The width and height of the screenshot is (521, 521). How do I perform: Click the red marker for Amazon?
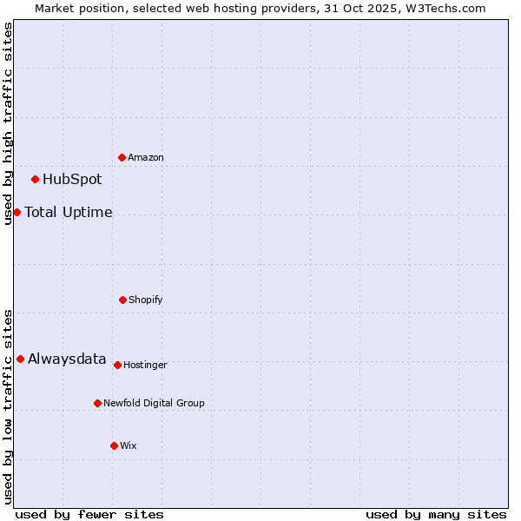coord(122,157)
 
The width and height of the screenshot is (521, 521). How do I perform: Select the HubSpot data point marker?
coord(36,180)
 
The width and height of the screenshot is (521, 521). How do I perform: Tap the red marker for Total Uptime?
coord(17,212)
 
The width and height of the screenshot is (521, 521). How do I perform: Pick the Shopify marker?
coord(122,300)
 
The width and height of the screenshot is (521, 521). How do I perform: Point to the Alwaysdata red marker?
coord(20,359)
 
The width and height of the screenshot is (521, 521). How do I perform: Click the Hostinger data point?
coord(117,365)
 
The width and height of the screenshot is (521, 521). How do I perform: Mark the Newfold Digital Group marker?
coord(97,403)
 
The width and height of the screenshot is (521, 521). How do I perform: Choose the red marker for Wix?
coord(114,445)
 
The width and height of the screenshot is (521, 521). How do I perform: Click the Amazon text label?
coord(146,158)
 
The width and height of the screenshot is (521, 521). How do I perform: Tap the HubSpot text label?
coord(72,180)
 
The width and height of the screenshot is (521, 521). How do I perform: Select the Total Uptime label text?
coord(69,212)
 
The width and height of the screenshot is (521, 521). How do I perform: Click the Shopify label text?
coord(146,300)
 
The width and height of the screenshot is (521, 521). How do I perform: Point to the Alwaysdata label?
coord(67,359)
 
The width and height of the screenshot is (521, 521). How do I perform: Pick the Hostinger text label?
coord(145,366)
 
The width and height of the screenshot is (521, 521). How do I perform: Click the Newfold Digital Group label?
coord(154,404)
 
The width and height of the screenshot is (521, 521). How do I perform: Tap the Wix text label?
coord(129,446)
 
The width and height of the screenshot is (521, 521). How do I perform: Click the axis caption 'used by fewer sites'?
coord(89,515)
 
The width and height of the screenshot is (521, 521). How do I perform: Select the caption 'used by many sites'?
coord(436,515)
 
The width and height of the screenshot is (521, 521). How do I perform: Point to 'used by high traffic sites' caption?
coord(9,123)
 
